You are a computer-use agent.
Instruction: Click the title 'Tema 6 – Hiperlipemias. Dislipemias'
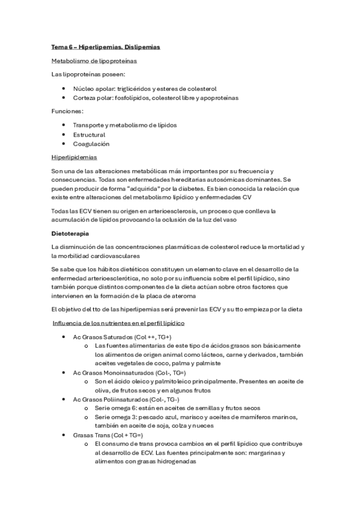pyautogui.click(x=105, y=46)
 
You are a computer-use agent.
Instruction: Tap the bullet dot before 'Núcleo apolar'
pyautogui.click(x=64, y=88)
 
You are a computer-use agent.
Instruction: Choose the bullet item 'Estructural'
pyautogui.click(x=89, y=135)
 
